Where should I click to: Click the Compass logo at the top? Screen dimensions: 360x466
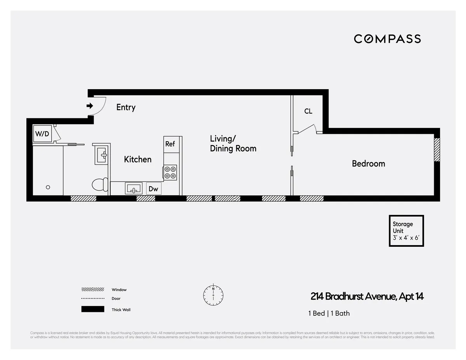(x=387, y=39)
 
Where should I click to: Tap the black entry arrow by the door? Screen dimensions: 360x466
(x=90, y=106)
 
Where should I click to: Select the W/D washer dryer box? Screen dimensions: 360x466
(x=42, y=134)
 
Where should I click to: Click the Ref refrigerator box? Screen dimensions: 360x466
(x=170, y=144)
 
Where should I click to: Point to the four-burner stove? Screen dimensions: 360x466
(x=170, y=172)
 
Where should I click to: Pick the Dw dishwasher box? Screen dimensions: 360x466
(x=153, y=189)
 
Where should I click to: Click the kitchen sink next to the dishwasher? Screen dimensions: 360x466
(x=134, y=189)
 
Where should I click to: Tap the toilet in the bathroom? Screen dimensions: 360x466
(x=100, y=184)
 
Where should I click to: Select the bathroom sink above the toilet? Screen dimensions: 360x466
(x=102, y=155)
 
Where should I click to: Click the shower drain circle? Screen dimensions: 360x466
(x=48, y=187)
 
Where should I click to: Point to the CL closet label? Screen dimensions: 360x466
(x=308, y=111)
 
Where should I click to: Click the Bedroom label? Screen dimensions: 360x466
(x=368, y=164)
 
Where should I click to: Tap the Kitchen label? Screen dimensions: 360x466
(x=137, y=159)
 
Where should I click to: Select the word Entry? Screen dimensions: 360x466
(x=126, y=107)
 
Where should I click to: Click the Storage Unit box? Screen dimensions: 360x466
(x=406, y=231)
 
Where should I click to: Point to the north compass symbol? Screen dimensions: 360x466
(x=213, y=295)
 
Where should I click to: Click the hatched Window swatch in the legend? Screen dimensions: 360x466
(x=93, y=289)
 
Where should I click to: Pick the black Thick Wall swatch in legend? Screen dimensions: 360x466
(x=93, y=309)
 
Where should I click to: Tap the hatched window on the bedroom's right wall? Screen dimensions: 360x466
(x=437, y=150)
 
